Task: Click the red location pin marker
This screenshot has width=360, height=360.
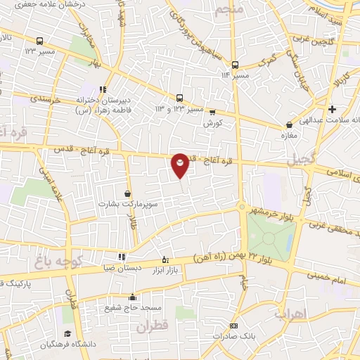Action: coord(180,165)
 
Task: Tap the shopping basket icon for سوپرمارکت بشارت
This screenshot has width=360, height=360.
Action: coord(127,193)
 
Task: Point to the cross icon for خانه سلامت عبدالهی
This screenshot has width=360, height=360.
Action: coord(333,109)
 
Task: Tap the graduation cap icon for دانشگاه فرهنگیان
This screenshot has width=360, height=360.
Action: coord(67,333)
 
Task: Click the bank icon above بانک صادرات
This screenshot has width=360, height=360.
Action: coord(234,326)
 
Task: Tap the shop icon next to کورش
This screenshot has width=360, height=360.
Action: coord(212,112)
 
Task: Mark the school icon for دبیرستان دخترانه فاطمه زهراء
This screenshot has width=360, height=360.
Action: coord(103,89)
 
